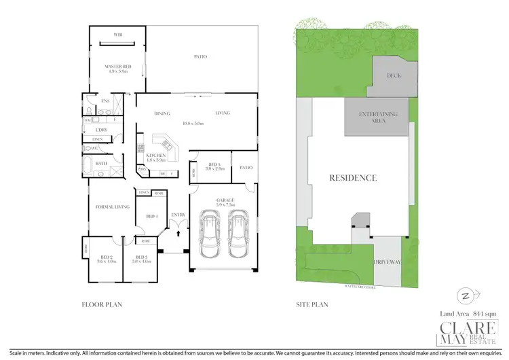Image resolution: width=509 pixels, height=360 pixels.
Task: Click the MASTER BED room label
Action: (x=113, y=66)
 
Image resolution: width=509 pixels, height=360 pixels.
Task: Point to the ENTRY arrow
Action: (x=178, y=232)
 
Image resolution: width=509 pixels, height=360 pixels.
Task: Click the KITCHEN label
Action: (x=155, y=156)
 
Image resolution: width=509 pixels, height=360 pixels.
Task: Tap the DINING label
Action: (x=162, y=113)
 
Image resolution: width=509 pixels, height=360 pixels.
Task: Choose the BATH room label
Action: (x=101, y=163)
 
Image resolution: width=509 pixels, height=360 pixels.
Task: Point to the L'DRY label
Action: (x=102, y=129)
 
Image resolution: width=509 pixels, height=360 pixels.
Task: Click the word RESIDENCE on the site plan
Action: (x=353, y=178)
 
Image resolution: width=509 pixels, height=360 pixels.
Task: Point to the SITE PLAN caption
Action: (x=312, y=305)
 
